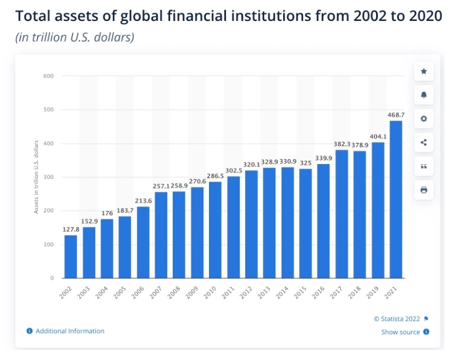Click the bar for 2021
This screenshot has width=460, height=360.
pyautogui.click(x=396, y=199)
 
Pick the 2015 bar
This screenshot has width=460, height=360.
pyautogui.click(x=305, y=224)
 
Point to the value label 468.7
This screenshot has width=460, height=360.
pyautogui.click(x=396, y=115)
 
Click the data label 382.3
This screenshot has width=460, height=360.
pyautogui.click(x=342, y=144)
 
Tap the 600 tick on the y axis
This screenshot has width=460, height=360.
pyautogui.click(x=48, y=76)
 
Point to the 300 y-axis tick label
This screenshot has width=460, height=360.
pyautogui.click(x=48, y=177)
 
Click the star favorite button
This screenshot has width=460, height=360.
pyautogui.click(x=423, y=72)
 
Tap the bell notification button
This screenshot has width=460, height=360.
pyautogui.click(x=423, y=95)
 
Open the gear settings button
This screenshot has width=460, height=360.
pyautogui.click(x=423, y=119)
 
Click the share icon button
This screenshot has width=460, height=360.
pyautogui.click(x=423, y=142)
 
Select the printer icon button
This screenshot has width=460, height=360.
pyautogui.click(x=423, y=190)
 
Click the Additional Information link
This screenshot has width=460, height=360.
pyautogui.click(x=70, y=331)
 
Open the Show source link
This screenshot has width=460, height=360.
pyautogui.click(x=401, y=332)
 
